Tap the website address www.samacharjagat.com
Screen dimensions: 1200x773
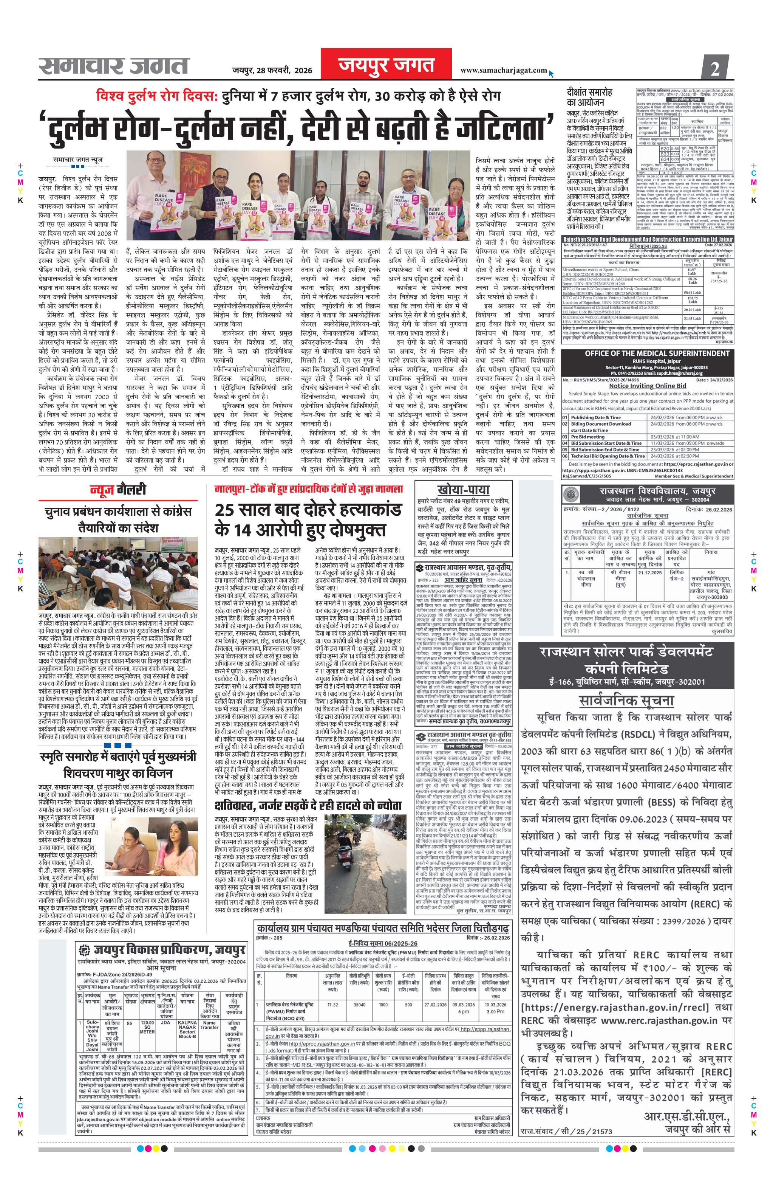click(x=504, y=70)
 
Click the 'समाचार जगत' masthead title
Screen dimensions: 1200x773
click(x=114, y=65)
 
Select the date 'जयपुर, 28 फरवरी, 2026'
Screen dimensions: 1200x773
click(x=272, y=70)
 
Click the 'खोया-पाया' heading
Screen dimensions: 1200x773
click(x=463, y=489)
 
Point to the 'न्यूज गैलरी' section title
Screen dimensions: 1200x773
click(x=118, y=489)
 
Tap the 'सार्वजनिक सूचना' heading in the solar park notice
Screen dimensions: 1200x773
click(x=626, y=700)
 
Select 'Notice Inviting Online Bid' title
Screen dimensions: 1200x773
click(x=648, y=386)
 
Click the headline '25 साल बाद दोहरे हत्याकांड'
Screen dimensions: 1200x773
click(x=308, y=510)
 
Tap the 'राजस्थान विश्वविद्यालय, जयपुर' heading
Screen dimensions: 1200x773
click(x=657, y=490)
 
